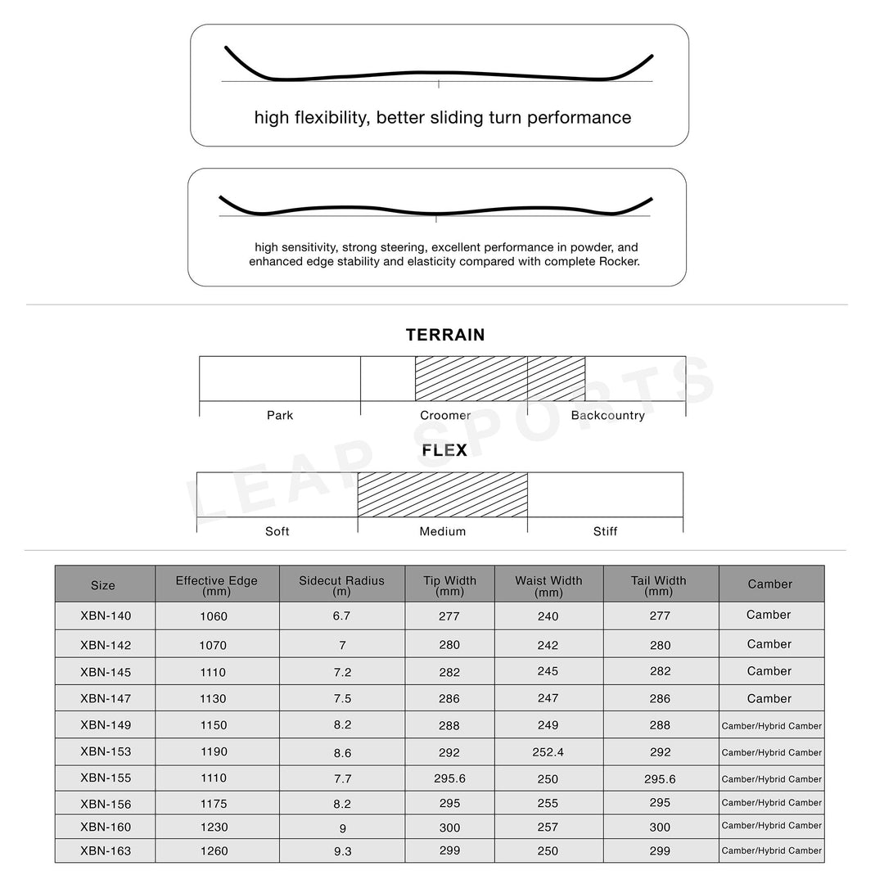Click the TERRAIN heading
click(x=445, y=335)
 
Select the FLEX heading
click(x=444, y=451)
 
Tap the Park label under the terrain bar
click(x=280, y=416)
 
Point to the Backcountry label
click(x=607, y=416)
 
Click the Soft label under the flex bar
click(x=277, y=532)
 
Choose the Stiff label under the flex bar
click(x=605, y=532)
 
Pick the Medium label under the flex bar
click(x=443, y=532)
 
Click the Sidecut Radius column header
click(x=341, y=584)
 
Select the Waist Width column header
click(x=548, y=584)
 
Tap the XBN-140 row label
click(x=106, y=616)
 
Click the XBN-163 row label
click(x=106, y=851)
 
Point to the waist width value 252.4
click(x=548, y=751)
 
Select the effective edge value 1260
click(x=214, y=851)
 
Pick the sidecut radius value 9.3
click(x=342, y=851)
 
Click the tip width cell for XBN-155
click(x=449, y=778)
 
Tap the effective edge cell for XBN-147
click(x=214, y=699)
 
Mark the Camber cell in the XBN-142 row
click(x=769, y=644)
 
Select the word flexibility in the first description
click(x=330, y=118)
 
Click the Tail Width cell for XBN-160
click(x=660, y=828)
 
